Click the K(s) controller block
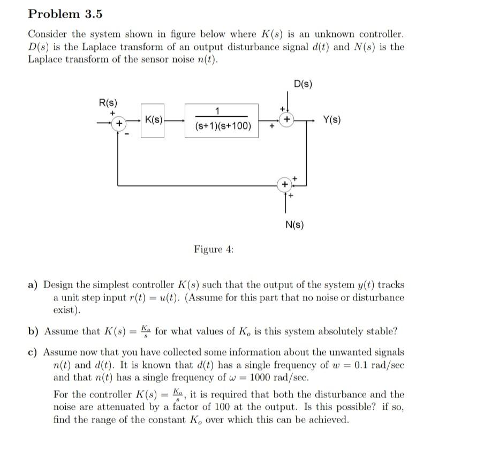153,121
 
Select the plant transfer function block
221,120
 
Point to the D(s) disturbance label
303,84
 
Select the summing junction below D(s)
288,119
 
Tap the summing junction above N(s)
285,185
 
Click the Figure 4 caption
214,249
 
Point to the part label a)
33,285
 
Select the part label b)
33,331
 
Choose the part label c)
33,352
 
